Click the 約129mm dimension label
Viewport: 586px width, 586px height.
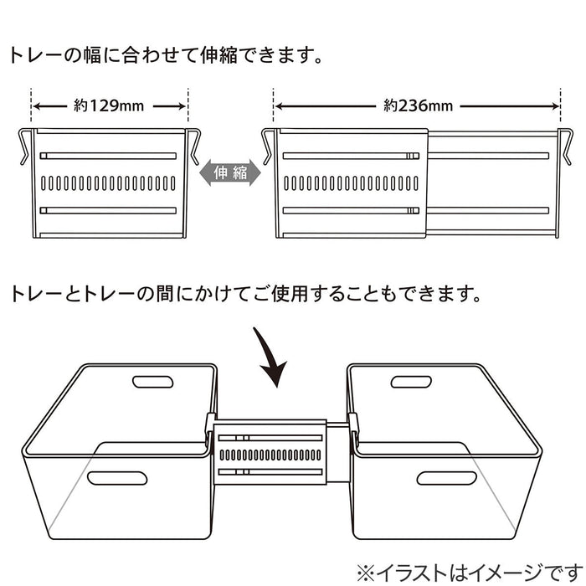(x=109, y=106)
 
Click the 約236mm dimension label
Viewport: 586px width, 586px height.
(x=418, y=106)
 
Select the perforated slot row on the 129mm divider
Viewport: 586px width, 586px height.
(x=108, y=182)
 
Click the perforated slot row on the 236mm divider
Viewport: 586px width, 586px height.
(x=351, y=182)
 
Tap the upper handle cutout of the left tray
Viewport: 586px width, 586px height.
(x=153, y=382)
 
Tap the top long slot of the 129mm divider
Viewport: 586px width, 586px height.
(x=108, y=156)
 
